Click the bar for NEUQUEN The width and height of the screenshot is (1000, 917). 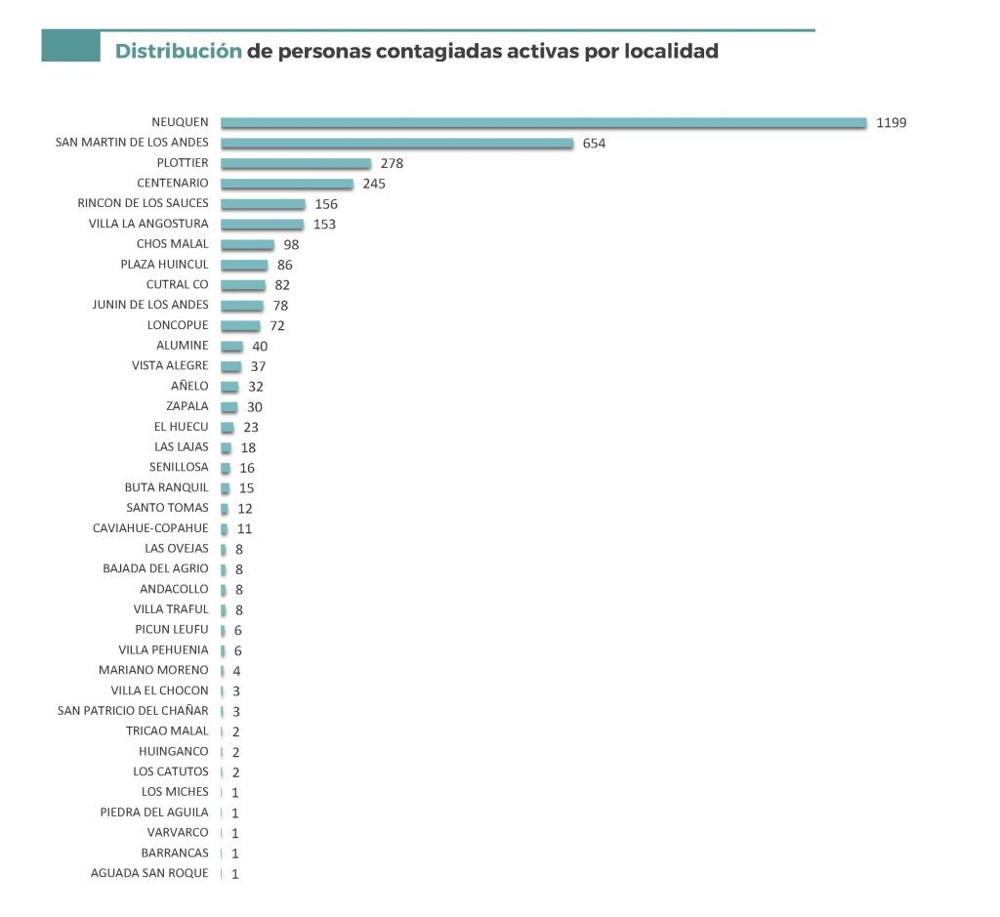(543, 122)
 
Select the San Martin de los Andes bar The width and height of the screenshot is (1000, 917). (396, 143)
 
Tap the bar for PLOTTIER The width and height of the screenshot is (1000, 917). (296, 163)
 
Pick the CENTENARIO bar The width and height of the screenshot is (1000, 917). (287, 184)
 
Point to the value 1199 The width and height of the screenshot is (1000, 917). (892, 123)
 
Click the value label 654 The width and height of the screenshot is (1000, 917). (594, 144)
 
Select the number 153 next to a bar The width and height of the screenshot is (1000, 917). (325, 225)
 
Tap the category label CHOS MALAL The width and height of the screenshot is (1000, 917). (172, 244)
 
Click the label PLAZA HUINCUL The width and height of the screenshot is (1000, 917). (164, 265)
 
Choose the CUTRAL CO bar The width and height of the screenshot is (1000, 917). (243, 285)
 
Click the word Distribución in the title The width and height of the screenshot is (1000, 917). (178, 51)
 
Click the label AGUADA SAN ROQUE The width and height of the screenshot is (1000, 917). (149, 873)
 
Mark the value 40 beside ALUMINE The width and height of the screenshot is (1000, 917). (260, 346)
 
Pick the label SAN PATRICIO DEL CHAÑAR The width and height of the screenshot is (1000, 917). (133, 710)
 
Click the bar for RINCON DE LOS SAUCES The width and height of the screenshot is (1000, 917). (263, 204)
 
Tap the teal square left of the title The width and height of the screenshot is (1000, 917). (70, 46)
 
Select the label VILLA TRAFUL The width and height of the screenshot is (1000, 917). (171, 609)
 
